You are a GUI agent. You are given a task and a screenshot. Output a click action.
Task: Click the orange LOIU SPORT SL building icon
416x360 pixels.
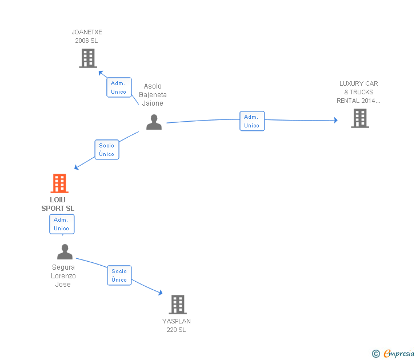coord(59,183)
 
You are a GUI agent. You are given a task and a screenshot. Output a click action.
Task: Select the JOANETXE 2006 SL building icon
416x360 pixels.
coord(88,58)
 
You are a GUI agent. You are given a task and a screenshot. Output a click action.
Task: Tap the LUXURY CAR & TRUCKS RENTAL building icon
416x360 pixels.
coord(359,118)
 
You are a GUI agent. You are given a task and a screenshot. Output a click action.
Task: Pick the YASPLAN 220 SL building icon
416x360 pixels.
coord(178,305)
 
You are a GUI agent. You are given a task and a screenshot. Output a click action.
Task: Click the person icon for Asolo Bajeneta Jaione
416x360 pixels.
coord(154,122)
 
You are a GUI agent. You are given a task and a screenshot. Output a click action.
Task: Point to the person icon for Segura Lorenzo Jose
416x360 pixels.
coord(65,252)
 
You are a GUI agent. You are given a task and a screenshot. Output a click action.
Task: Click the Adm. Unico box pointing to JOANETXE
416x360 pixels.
coord(119,87)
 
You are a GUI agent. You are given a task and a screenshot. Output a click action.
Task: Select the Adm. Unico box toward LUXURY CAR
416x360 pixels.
coord(252,121)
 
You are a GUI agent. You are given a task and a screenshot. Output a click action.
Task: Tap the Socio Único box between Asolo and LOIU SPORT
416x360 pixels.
coord(107,150)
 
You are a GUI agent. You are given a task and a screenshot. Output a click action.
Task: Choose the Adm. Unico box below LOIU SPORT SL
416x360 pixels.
coord(62,224)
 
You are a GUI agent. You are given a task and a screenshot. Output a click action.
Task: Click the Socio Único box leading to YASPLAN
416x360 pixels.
coord(119,275)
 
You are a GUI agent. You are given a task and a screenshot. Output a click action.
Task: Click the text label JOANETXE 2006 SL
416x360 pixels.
coord(87,37)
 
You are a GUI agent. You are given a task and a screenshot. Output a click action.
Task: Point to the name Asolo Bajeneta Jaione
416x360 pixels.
coord(153,95)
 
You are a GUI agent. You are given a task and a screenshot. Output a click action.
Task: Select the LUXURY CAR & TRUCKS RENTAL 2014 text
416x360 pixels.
coord(358,92)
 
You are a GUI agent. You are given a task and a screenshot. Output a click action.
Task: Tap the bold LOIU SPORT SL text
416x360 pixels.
coord(58,204)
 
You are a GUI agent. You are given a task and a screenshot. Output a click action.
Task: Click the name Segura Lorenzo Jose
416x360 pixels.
coord(63,275)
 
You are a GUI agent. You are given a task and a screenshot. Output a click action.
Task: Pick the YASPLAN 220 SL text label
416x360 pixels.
coord(176,325)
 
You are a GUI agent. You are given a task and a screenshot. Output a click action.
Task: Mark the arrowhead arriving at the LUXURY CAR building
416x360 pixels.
coord(335,120)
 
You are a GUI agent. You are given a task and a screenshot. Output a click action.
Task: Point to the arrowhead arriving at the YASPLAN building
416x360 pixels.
coord(161,293)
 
